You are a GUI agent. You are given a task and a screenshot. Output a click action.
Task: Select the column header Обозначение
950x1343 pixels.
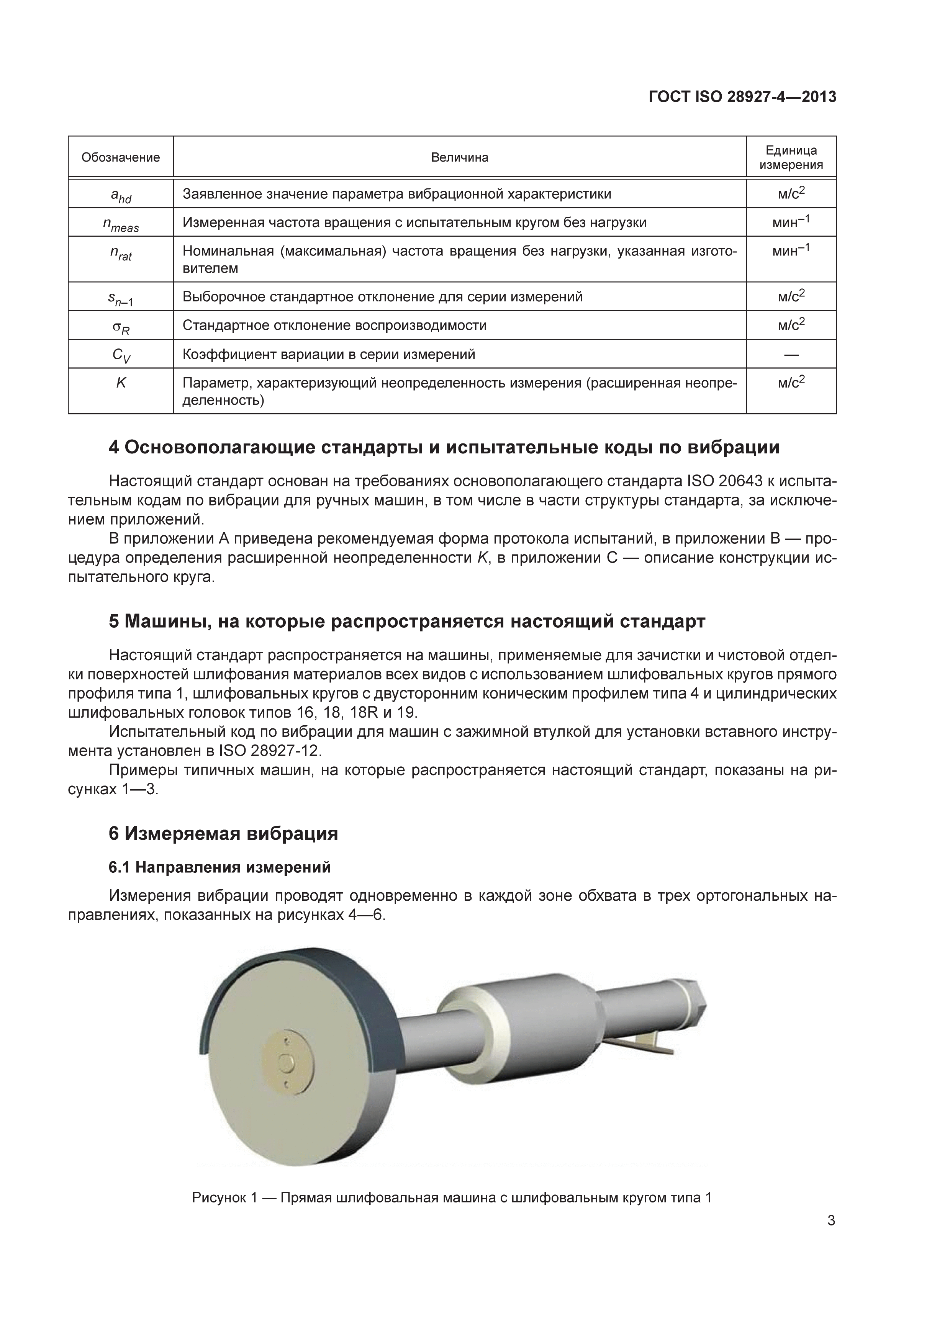(121, 157)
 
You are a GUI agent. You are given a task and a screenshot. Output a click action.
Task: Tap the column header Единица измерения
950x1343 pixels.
(791, 157)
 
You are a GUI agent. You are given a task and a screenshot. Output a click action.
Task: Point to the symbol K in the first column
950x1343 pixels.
(121, 383)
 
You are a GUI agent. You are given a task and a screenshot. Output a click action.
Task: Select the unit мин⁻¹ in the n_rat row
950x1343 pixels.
(791, 250)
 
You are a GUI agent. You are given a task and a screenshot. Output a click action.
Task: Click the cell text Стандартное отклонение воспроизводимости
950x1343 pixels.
(334, 325)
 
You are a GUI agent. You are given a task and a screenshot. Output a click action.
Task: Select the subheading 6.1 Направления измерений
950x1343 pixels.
(220, 867)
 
